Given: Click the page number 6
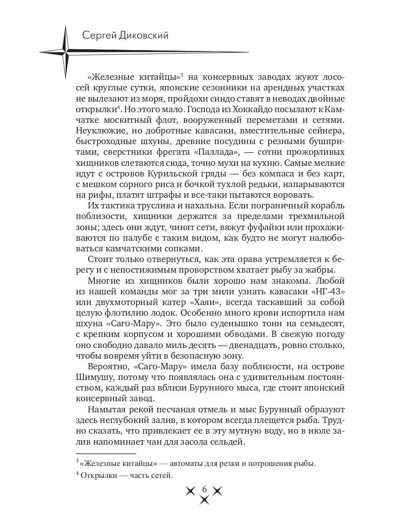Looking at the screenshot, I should click(x=204, y=489).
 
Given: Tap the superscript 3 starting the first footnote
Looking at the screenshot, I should click(x=77, y=462).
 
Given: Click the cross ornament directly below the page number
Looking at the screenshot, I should click(x=204, y=500).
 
